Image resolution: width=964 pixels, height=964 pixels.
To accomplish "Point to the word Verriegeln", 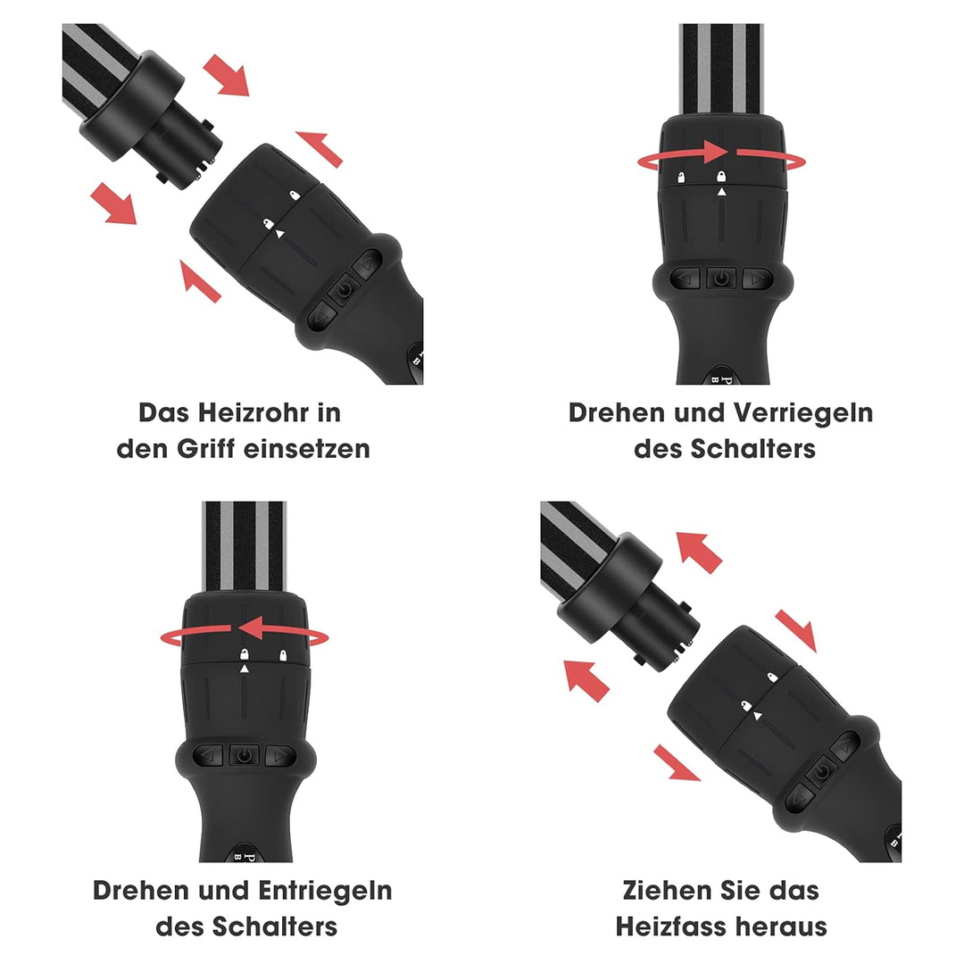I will point(803,413).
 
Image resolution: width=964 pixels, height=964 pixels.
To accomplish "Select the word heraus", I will point(783,926).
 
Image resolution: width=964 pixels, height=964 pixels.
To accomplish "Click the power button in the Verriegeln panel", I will point(721,278).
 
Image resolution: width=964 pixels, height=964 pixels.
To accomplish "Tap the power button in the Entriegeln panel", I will point(244,755).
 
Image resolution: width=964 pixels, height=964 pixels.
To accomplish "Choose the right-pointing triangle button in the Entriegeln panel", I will point(280,755).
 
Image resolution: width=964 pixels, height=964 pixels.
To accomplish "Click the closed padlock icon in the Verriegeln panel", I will point(721,177).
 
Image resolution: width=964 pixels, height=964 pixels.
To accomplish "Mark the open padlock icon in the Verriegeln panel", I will point(681,178).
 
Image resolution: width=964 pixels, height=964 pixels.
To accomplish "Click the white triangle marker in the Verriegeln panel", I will point(721,192).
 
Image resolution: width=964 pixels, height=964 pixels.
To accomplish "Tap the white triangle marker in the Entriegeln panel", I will point(244,669).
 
